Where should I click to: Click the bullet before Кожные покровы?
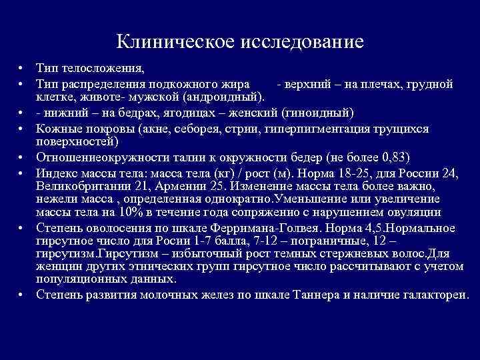[21, 127]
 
